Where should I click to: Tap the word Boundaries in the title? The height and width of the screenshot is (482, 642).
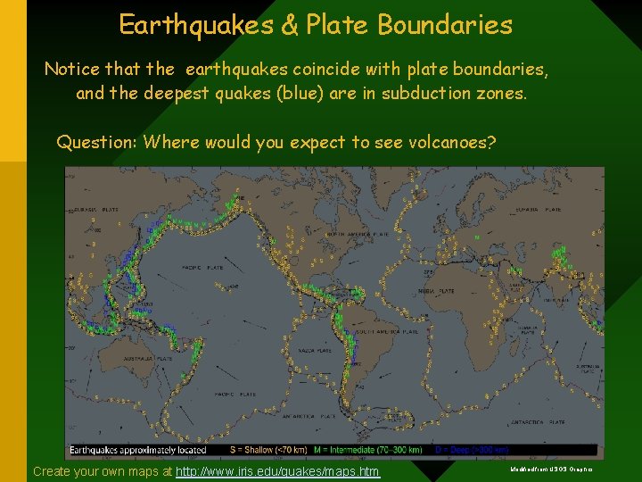445,25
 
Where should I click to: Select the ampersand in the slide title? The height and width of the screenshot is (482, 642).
290,25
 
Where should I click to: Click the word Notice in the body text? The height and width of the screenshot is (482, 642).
71,69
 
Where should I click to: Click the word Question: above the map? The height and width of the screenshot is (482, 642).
97,142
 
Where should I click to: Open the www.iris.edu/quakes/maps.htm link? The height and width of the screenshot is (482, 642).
277,471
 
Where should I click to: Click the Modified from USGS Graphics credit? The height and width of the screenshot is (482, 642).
552,469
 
